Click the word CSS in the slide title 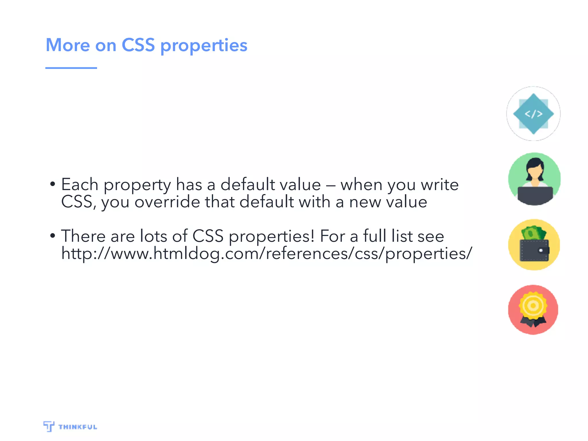pyautogui.click(x=138, y=45)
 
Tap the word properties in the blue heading pyautogui.click(x=204, y=46)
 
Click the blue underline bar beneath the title pyautogui.click(x=71, y=68)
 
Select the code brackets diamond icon pyautogui.click(x=533, y=114)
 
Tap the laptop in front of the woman pyautogui.click(x=535, y=195)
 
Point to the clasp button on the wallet pyautogui.click(x=541, y=250)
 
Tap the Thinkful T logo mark pyautogui.click(x=49, y=426)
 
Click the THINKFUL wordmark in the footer pyautogui.click(x=78, y=427)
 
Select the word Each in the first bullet pyautogui.click(x=80, y=184)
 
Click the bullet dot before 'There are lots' pyautogui.click(x=53, y=236)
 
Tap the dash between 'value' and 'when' pyautogui.click(x=330, y=185)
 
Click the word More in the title pyautogui.click(x=68, y=45)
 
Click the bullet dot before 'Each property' pyautogui.click(x=53, y=184)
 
